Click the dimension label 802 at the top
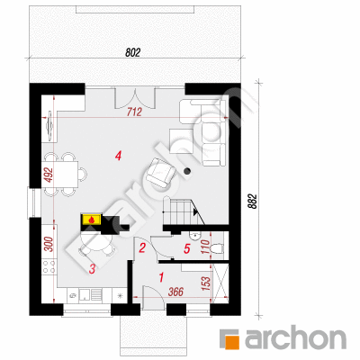132,53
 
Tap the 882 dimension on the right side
253,202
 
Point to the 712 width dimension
134,112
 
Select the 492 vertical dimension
49,175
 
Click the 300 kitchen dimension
49,244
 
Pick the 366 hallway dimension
175,292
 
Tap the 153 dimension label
206,283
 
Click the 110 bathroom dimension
205,247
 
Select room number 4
118,156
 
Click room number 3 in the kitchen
92,268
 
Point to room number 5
187,248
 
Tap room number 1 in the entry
161,277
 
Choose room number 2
142,247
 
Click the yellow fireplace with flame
92,220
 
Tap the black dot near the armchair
187,171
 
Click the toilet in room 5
217,248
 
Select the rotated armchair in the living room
161,173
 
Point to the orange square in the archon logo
232,343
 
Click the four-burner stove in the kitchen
49,266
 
